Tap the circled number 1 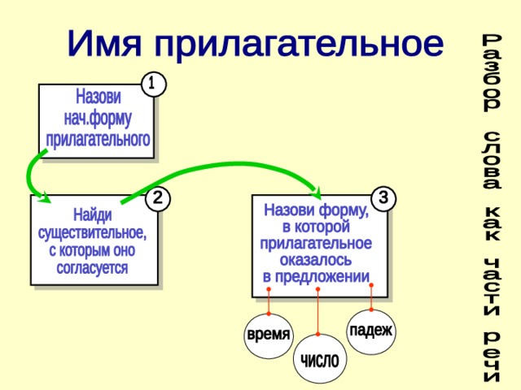tap(152, 83)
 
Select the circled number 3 tap(383, 197)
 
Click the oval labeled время tap(268, 334)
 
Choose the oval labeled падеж tap(370, 330)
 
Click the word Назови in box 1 tap(98, 96)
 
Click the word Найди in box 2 tap(93, 215)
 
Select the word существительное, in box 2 tap(93, 232)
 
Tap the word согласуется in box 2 tap(93, 267)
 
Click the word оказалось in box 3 tap(316, 260)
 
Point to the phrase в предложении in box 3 tap(316, 277)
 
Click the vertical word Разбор tap(491, 73)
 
